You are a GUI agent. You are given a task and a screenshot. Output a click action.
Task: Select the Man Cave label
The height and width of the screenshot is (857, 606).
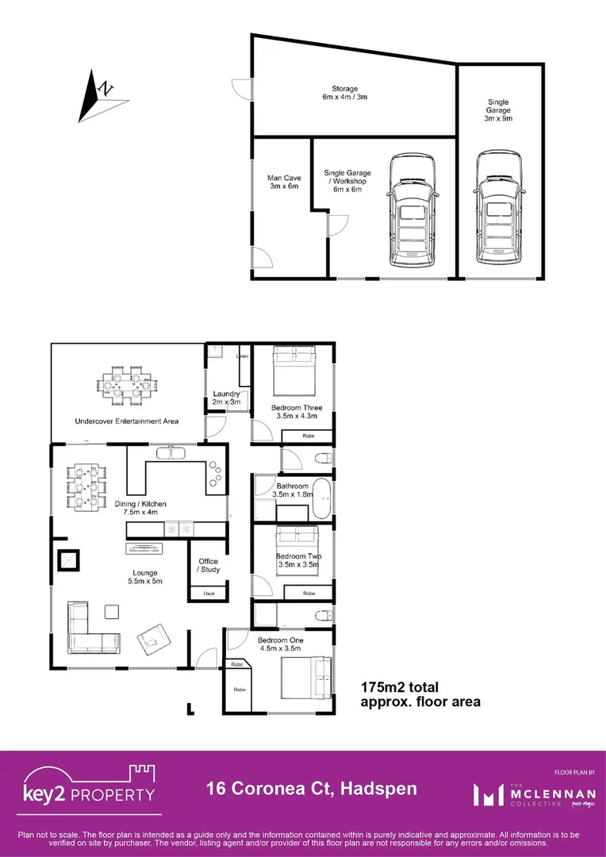pos(282,183)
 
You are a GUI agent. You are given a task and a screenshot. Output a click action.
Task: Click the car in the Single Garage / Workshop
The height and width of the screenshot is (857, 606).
pos(412,212)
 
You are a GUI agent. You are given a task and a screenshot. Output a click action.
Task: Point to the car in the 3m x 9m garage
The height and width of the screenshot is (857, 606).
pos(499,212)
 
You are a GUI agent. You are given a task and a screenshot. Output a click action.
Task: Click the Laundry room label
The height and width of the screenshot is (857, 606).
pos(227,398)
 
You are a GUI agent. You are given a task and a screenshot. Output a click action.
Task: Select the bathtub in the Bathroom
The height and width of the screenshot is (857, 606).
pos(322,498)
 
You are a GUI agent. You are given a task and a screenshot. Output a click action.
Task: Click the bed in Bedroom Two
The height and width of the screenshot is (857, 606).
pos(297,548)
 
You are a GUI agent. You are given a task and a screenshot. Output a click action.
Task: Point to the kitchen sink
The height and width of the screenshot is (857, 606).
pos(169,453)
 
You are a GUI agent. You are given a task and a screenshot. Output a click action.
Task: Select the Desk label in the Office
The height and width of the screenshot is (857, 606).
pos(209,594)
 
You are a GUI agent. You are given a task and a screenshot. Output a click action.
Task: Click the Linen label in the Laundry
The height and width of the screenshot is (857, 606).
pos(243,356)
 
